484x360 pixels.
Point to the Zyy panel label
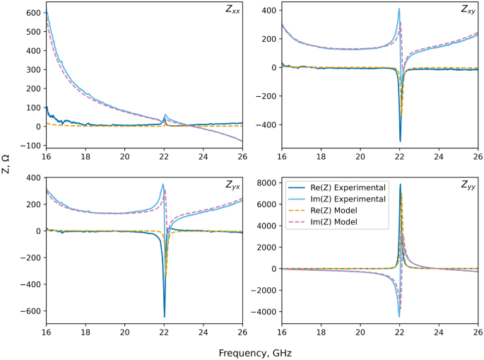pos(467,185)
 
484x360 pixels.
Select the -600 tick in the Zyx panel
pos(31,311)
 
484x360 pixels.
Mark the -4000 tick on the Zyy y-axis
pos(264,312)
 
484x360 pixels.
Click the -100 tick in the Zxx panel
pos(31,146)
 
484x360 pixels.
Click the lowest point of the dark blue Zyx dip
pos(164,317)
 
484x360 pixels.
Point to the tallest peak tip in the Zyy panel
pos(400,185)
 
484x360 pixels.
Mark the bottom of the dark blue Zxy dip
pos(400,141)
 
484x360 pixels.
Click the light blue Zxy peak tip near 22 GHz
pos(399,8)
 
